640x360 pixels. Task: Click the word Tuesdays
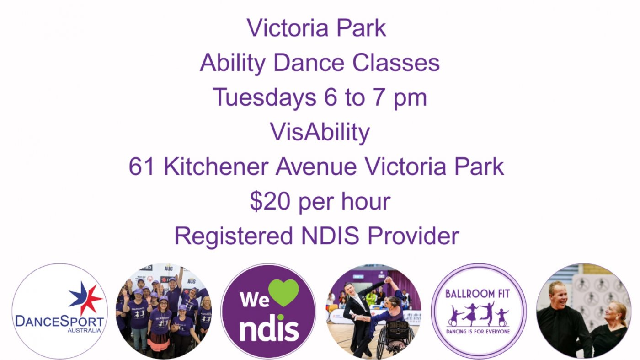264,98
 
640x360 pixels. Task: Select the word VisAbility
320,133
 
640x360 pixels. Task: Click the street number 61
142,167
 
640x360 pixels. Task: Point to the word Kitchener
216,167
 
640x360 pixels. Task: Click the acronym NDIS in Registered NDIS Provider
330,236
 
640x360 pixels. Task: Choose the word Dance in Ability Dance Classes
309,63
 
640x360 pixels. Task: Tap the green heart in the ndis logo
283,292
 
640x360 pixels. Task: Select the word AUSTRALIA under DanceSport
84,331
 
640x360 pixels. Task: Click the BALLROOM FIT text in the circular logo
478,294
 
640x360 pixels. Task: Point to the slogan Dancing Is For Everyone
478,332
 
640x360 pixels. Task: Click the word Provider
413,236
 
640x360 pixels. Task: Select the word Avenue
316,167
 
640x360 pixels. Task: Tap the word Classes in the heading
396,63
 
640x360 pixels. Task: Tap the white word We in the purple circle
254,300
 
